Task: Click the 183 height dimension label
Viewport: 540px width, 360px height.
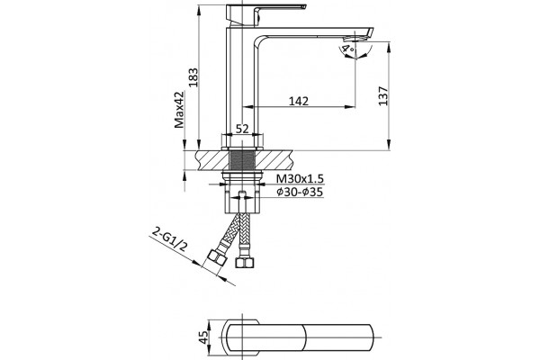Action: pos(193,76)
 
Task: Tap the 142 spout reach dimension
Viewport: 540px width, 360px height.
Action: pos(299,101)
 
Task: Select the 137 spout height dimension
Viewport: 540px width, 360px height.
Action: pos(383,96)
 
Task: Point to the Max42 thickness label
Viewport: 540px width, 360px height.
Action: pos(179,109)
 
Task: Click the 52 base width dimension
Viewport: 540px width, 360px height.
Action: pos(242,129)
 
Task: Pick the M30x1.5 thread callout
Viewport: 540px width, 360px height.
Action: pos(301,179)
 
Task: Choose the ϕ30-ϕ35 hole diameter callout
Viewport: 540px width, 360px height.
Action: pos(300,192)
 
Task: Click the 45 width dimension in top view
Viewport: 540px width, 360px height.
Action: pos(204,337)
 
